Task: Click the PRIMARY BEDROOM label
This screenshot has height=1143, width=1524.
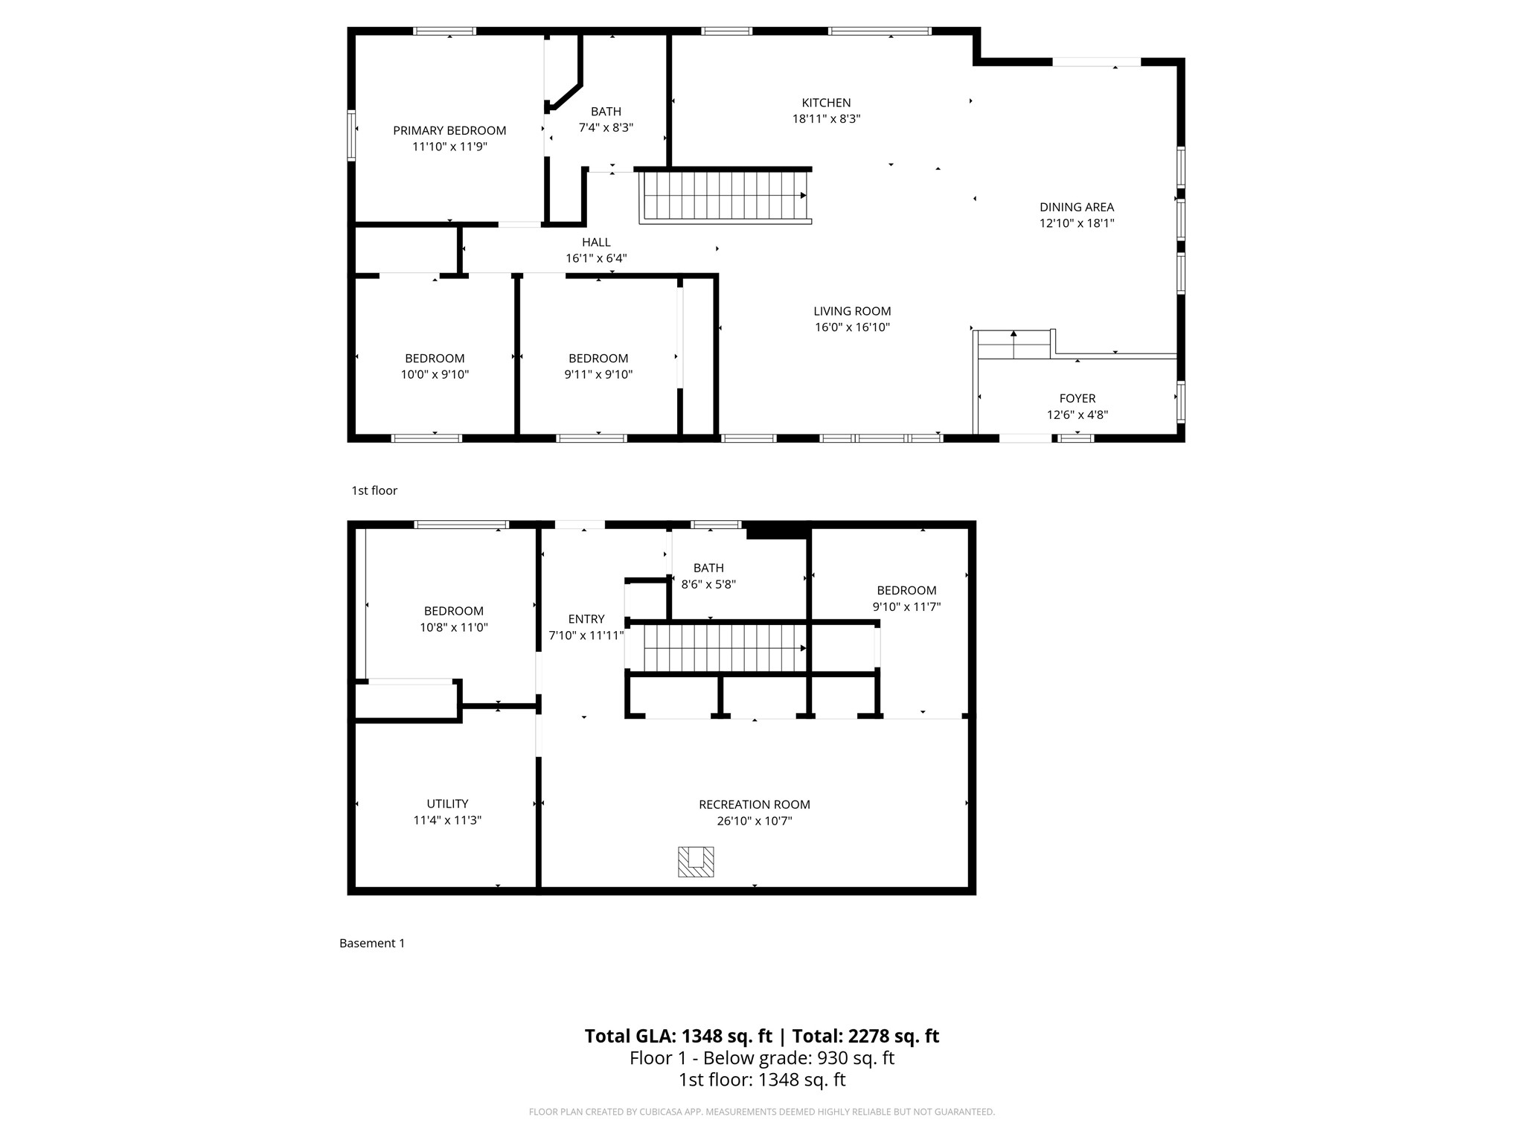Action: tap(449, 131)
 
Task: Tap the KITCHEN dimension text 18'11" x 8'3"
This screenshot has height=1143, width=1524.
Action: tap(826, 119)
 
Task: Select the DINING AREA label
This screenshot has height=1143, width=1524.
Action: tap(1077, 208)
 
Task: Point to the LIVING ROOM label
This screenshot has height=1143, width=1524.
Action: tap(852, 312)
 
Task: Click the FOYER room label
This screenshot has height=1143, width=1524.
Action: tap(1078, 399)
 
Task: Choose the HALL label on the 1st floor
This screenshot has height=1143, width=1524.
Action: tap(596, 243)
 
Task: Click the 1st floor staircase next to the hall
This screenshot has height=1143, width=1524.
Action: tap(725, 196)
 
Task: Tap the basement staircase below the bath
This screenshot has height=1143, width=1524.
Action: tap(725, 648)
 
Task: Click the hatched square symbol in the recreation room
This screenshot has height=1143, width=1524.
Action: tap(696, 862)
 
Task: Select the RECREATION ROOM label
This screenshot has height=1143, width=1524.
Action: tap(755, 804)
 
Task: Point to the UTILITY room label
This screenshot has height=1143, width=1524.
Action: tap(447, 804)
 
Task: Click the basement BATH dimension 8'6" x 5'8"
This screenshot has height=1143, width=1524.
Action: tap(708, 585)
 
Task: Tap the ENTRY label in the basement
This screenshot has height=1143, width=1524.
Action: tap(586, 619)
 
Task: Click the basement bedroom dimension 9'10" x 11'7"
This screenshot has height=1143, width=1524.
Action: tap(906, 607)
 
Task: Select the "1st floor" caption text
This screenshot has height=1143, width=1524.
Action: tap(374, 490)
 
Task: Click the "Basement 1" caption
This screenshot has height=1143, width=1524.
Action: tap(372, 944)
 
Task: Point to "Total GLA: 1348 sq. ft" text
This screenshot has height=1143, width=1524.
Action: tap(678, 1037)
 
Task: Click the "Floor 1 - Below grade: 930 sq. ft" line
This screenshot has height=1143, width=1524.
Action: tap(761, 1058)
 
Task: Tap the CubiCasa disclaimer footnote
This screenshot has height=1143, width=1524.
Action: tap(761, 1112)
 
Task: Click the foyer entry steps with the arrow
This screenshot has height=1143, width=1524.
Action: tap(1013, 345)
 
